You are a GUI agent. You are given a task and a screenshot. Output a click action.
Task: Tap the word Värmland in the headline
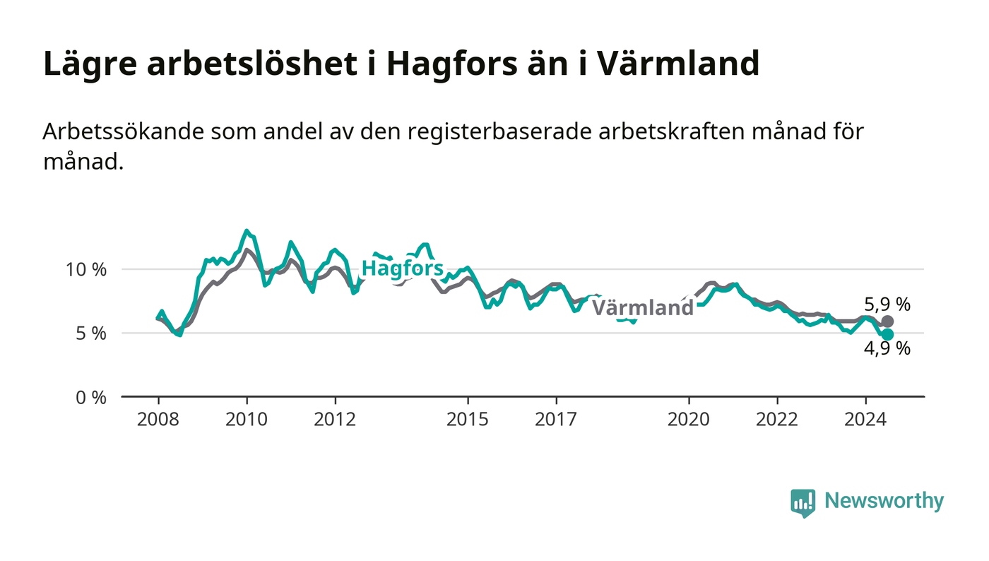point(678,63)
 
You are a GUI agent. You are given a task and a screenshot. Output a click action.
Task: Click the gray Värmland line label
point(642,307)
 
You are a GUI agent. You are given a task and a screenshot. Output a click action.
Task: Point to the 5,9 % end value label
point(887,305)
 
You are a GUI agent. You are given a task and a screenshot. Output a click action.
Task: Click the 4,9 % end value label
point(887,348)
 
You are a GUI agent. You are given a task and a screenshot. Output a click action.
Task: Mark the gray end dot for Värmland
point(887,321)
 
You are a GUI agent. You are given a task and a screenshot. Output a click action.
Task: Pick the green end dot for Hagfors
point(887,334)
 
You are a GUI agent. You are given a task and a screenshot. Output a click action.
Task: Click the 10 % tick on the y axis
point(86,269)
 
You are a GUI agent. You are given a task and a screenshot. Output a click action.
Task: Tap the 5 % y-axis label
point(91,333)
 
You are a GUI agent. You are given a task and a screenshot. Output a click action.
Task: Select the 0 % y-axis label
point(91,398)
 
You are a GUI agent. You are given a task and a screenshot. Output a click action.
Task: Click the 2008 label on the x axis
point(158,420)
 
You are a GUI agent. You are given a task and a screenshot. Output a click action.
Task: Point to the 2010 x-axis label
point(247,420)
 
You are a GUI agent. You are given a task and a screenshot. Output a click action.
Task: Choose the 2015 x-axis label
point(468,420)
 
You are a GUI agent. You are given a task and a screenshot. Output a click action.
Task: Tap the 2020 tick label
point(689,420)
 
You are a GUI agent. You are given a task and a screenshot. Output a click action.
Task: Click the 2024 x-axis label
point(865,420)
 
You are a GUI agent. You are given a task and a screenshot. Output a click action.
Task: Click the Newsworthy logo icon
point(803,503)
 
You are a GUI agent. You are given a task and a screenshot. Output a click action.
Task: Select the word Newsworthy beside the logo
point(884,501)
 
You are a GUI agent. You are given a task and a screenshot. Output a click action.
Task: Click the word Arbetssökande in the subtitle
point(123,131)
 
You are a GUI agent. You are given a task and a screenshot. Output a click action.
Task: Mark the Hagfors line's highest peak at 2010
point(247,230)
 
